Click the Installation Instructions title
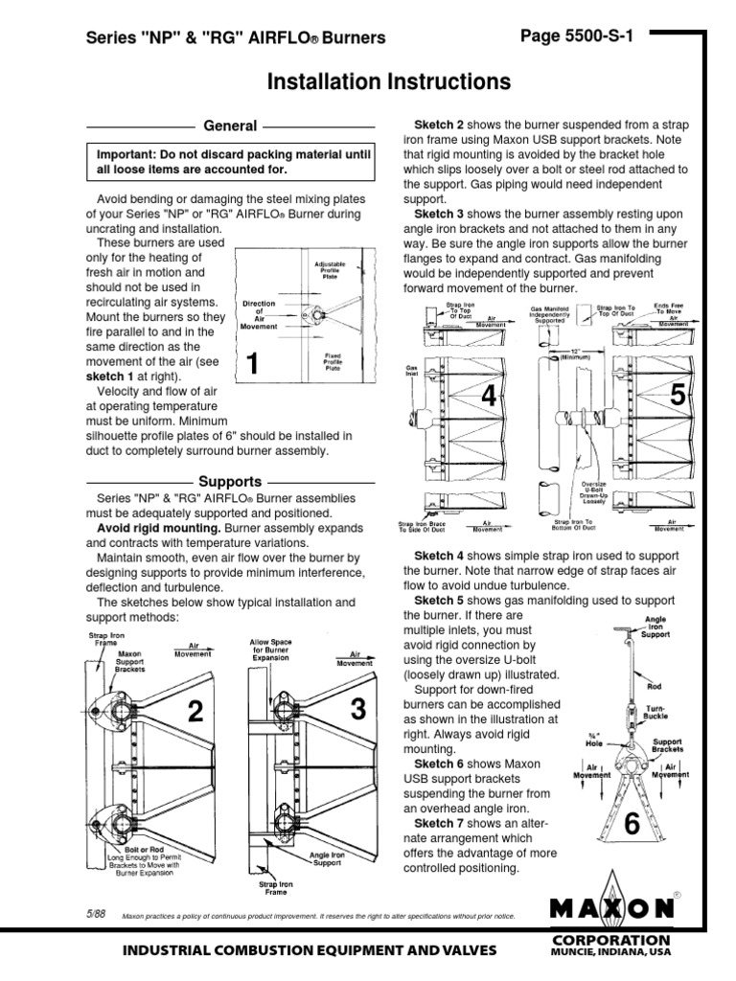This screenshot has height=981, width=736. (388, 82)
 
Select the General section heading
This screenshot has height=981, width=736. (230, 125)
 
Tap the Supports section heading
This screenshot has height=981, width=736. (230, 481)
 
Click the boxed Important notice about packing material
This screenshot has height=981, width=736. (229, 161)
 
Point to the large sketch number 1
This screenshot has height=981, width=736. (252, 364)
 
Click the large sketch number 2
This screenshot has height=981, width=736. (195, 713)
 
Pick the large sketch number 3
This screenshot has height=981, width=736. (358, 709)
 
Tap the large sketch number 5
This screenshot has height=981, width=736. (678, 394)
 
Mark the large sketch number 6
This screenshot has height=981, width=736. (632, 824)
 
